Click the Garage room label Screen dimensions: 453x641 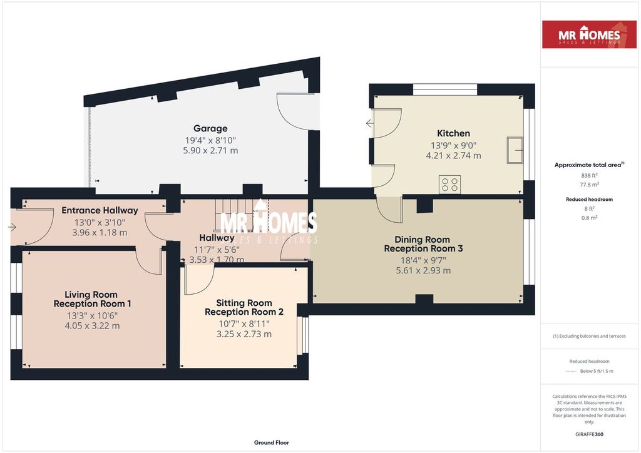[x=210, y=128]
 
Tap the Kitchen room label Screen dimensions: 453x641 [x=453, y=133]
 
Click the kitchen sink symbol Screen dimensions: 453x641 [x=515, y=149]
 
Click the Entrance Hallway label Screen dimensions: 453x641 [x=100, y=210]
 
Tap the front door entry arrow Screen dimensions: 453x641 [x=13, y=227]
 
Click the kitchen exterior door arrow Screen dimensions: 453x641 [x=369, y=123]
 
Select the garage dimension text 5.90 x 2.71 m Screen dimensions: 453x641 [x=210, y=151]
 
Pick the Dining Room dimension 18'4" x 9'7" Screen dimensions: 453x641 [x=423, y=260]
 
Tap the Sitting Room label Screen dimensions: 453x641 [x=244, y=303]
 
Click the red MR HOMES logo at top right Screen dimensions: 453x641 [x=589, y=34]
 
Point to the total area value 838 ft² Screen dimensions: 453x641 [x=589, y=176]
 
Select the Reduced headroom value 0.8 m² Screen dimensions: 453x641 [x=589, y=218]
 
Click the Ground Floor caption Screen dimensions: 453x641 [x=271, y=442]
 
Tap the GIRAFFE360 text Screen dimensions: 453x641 [x=589, y=434]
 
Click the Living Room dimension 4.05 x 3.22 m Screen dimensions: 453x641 [x=92, y=326]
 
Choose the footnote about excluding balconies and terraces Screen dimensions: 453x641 [x=589, y=336]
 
